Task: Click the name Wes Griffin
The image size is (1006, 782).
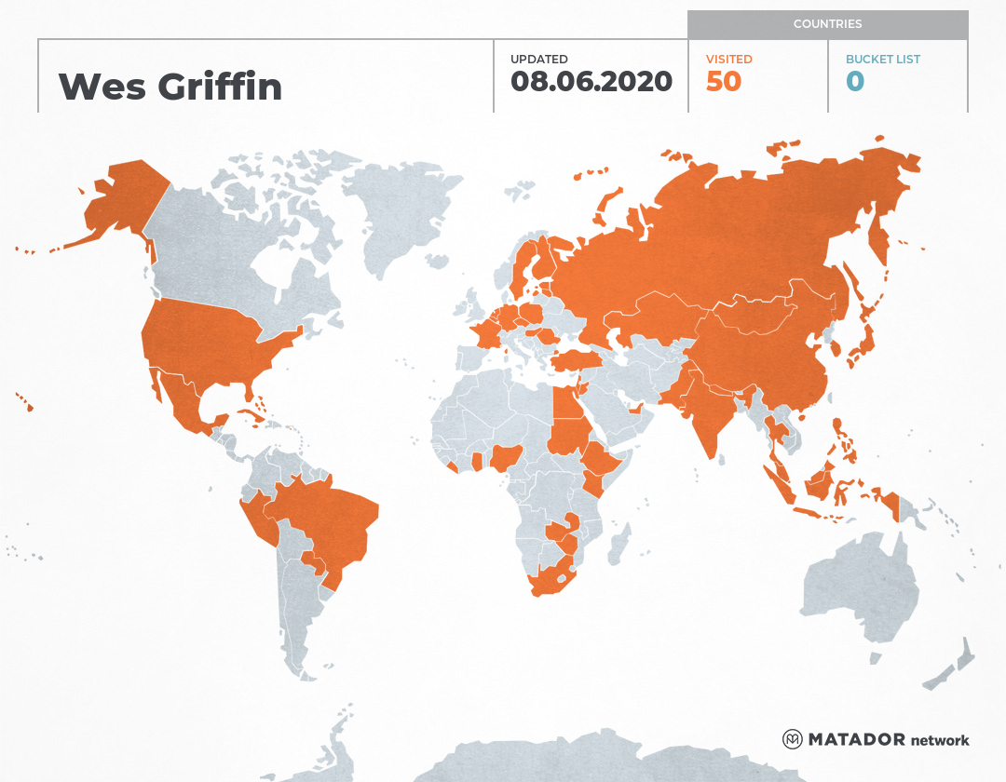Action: [170, 87]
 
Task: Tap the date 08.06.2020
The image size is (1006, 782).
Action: [591, 81]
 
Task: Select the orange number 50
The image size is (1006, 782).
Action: [724, 82]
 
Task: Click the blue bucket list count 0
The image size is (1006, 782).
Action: [855, 82]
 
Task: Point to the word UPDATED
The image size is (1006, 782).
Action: [538, 59]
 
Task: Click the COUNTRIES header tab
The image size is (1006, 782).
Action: [827, 24]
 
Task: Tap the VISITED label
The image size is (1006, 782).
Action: [728, 59]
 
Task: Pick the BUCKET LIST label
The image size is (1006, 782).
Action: [882, 59]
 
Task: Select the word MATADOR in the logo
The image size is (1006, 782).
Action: [856, 740]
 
